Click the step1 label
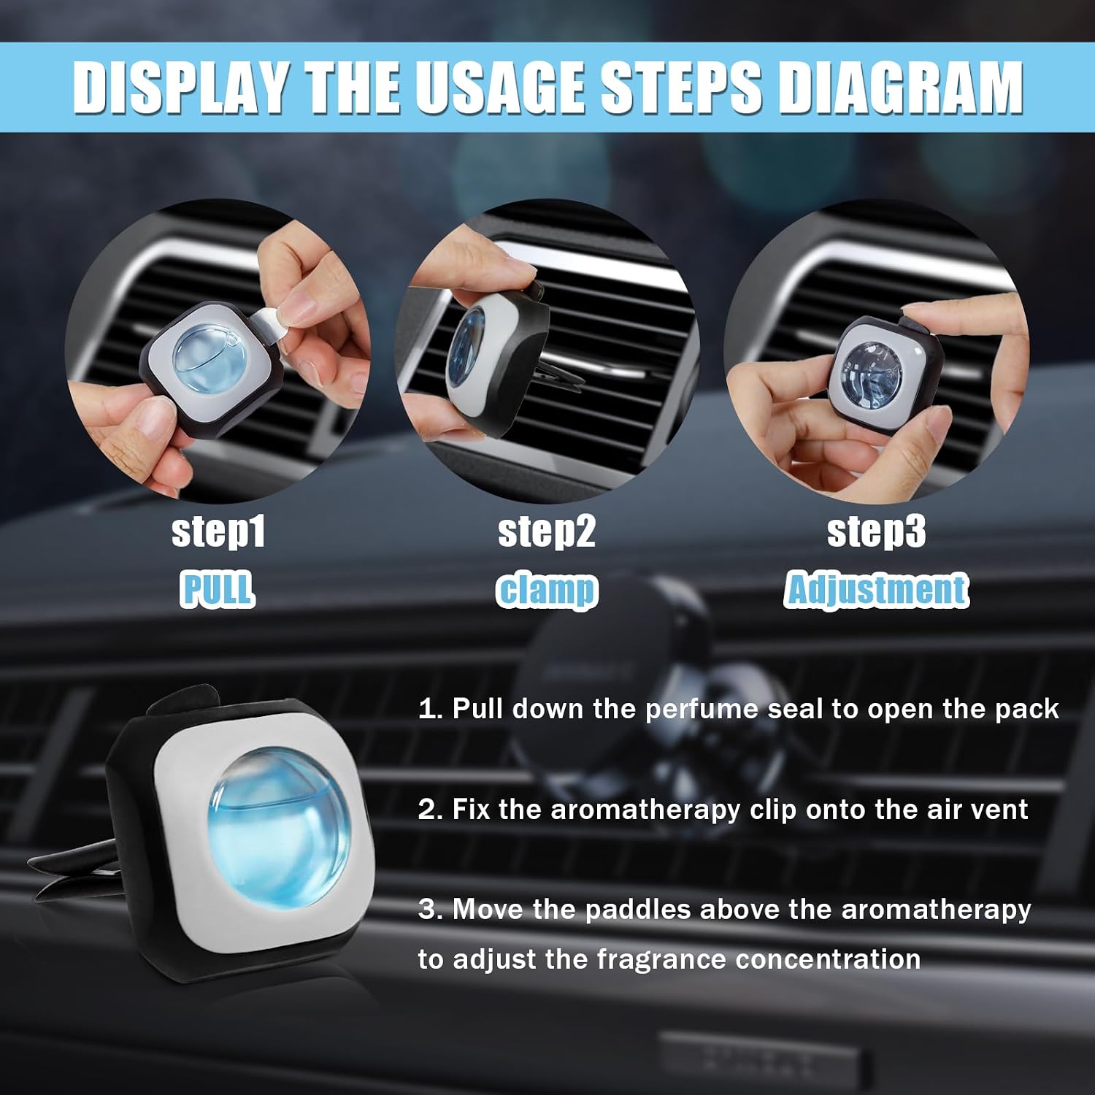click(x=218, y=532)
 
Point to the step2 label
click(x=547, y=532)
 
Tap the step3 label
click(x=876, y=532)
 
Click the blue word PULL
click(x=218, y=590)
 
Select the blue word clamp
click(x=547, y=590)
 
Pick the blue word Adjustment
click(x=877, y=590)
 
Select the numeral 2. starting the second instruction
click(x=431, y=810)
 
